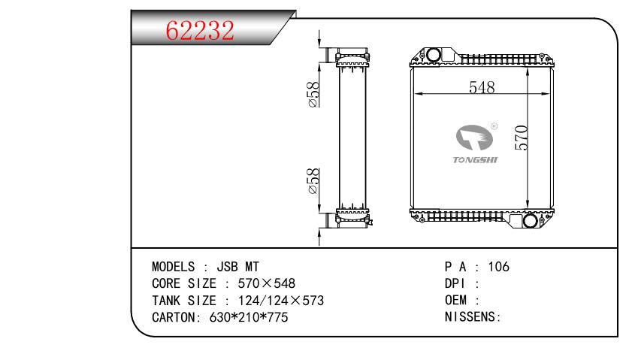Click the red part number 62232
200,30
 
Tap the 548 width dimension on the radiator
482,87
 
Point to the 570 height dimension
522,138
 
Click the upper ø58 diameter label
313,95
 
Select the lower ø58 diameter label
313,181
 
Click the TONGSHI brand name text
475,160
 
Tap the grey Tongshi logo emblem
474,138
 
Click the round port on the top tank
434,55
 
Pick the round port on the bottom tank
530,221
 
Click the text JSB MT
238,267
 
